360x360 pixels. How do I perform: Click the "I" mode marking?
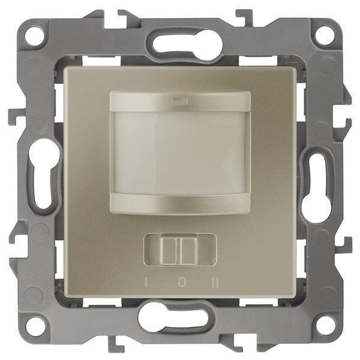click(146, 283)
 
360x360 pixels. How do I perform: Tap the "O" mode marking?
click(182, 283)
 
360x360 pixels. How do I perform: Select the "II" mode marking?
click(215, 283)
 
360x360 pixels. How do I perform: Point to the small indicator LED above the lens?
click(180, 100)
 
